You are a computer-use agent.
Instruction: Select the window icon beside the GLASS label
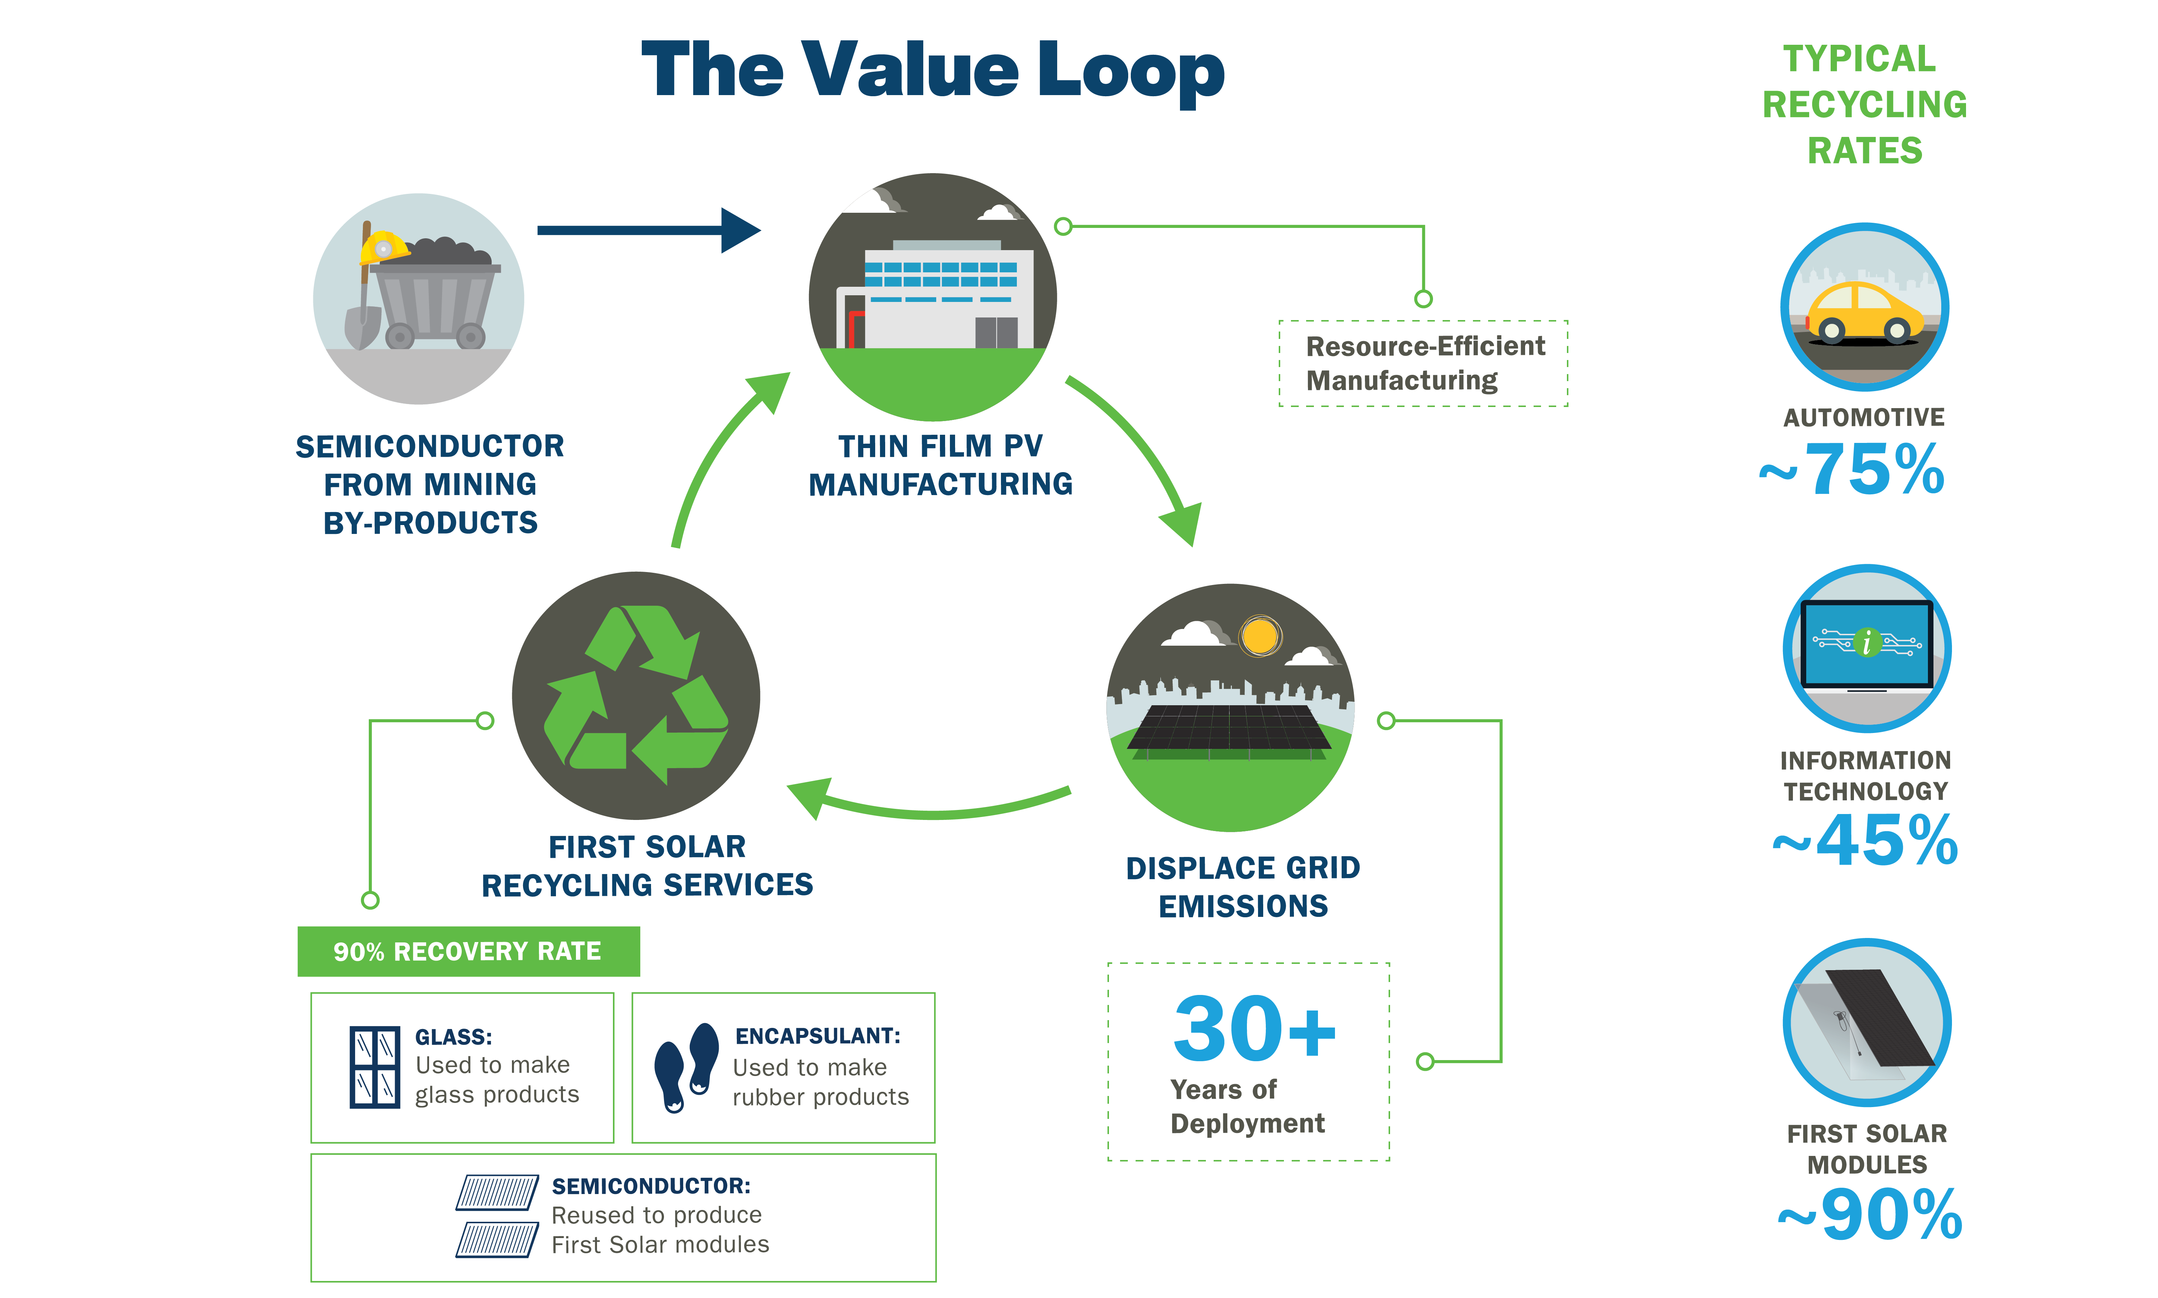click(x=374, y=1067)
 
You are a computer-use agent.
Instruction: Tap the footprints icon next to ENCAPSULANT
click(x=687, y=1067)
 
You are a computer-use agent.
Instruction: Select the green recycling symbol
click(x=636, y=695)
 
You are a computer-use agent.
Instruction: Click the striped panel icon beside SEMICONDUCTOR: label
click(x=497, y=1216)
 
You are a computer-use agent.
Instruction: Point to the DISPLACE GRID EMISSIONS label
click(x=1242, y=886)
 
